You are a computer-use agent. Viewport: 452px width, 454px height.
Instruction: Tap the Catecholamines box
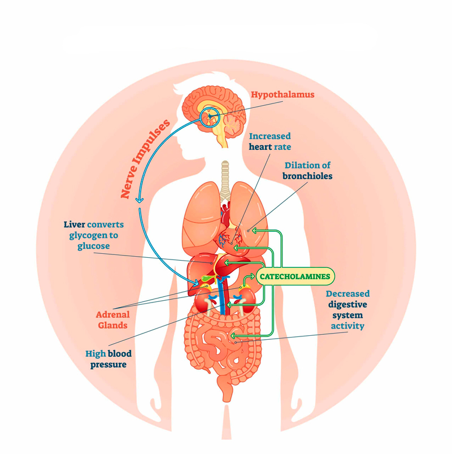coord(295,276)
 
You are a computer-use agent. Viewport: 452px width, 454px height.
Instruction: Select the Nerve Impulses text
coord(146,159)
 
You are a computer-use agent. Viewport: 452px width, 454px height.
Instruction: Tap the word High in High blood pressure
coord(96,353)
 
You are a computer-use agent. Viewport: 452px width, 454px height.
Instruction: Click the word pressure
coord(106,365)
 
